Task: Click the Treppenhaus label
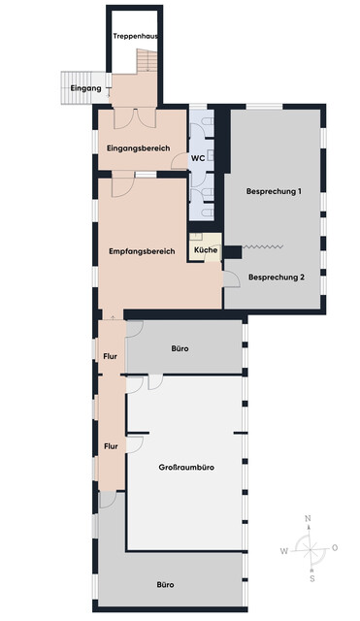(x=136, y=36)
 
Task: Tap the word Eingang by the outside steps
(x=86, y=88)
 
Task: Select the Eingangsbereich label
(x=138, y=148)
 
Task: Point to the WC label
(x=198, y=158)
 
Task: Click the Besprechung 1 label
(x=274, y=191)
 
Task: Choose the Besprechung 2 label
(x=277, y=278)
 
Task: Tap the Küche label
(x=206, y=250)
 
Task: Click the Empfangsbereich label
(x=142, y=251)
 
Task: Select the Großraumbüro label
(x=186, y=468)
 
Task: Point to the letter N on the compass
(x=309, y=518)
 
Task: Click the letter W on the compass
(x=284, y=551)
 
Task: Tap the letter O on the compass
(x=335, y=548)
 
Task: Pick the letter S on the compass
(x=312, y=578)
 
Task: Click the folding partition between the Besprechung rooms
(x=263, y=246)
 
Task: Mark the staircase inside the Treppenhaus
(x=147, y=60)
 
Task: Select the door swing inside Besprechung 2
(x=232, y=279)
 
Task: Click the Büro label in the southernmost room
(x=165, y=584)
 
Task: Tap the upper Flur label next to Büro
(x=110, y=356)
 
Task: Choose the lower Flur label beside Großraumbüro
(x=111, y=446)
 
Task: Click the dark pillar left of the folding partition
(x=233, y=252)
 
